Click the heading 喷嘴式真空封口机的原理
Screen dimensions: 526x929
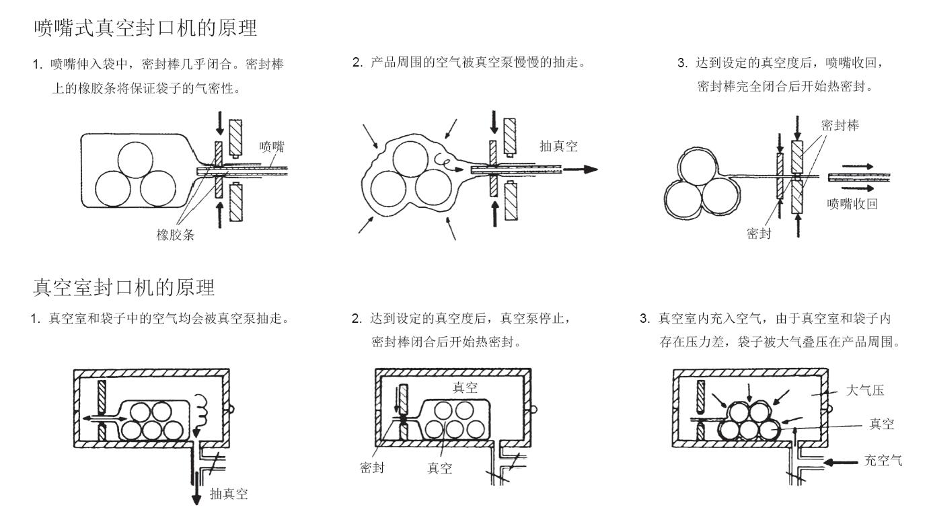coord(145,29)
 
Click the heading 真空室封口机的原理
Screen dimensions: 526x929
coord(124,288)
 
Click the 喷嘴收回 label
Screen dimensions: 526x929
coord(852,204)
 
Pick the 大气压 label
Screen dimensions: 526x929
coord(864,391)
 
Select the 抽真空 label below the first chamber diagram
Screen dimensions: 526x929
coord(229,494)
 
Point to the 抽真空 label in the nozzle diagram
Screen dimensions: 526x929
coord(558,147)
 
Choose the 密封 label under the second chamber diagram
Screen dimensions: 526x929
coord(372,467)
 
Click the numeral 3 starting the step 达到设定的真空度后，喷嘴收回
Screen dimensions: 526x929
coord(680,63)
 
